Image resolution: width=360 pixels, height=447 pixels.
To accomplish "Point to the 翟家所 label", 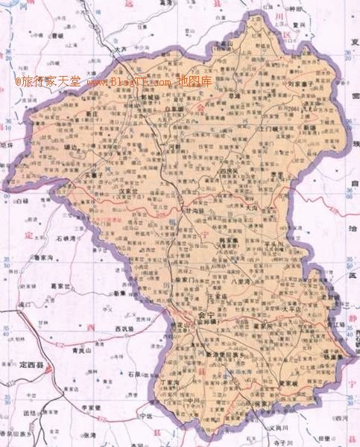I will (265, 325).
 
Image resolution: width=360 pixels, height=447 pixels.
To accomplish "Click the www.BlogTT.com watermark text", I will (130, 81).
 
